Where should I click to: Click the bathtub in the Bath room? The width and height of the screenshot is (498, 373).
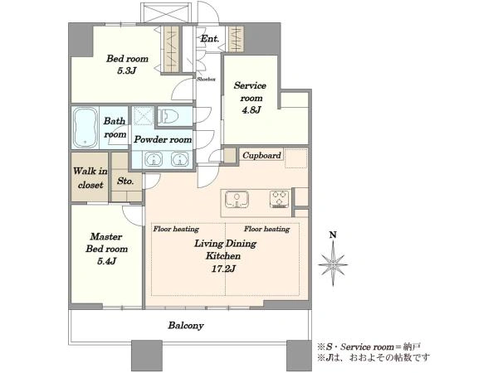85,128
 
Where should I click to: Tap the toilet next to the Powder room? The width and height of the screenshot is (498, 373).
168,116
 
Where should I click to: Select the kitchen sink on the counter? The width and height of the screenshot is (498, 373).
237,199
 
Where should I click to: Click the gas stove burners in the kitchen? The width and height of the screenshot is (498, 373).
280,199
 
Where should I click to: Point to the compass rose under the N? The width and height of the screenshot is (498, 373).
333,264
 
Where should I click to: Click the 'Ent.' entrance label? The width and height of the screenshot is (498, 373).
210,39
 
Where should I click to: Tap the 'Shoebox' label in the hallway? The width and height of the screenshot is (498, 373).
206,79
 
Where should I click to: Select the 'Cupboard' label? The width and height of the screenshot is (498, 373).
261,156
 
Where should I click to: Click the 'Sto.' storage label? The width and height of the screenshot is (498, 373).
125,181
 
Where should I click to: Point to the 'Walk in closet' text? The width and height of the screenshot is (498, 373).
90,178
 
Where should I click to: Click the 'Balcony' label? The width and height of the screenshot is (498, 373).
186,326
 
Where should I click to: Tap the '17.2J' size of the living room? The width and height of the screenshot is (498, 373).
223,269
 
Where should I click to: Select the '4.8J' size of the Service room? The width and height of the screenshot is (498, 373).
251,110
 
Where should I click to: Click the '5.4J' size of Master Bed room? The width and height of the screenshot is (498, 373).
106,261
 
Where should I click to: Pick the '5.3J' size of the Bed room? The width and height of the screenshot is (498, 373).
127,70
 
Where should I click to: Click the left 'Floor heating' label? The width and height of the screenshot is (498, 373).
176,229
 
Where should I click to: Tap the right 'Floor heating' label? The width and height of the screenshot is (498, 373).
266,229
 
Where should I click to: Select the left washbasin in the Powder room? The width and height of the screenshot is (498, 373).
154,159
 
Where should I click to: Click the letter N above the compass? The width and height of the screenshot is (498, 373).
333,235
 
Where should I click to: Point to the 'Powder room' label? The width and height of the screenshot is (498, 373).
163,139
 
